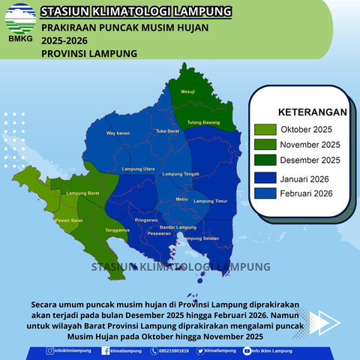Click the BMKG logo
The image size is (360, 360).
pyautogui.click(x=20, y=22)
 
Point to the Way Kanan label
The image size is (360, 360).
pyautogui.click(x=118, y=133)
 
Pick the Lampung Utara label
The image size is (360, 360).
pyautogui.click(x=138, y=169)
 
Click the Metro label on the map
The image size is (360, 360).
pyautogui.click(x=181, y=199)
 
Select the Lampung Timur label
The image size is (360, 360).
pyautogui.click(x=210, y=202)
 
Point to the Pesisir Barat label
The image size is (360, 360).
pyautogui.click(x=68, y=220)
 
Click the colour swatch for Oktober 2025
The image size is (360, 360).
pyautogui.click(x=265, y=129)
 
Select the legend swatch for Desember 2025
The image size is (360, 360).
pyautogui.click(x=265, y=160)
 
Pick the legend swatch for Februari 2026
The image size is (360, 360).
pyautogui.click(x=265, y=193)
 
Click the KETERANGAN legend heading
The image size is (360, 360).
pyautogui.click(x=312, y=112)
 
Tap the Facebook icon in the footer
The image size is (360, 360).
pyautogui.click(x=106, y=350)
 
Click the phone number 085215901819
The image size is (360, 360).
pyautogui.click(x=172, y=351)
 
